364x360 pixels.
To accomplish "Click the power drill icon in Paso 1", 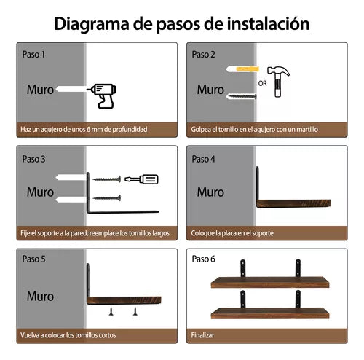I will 102,94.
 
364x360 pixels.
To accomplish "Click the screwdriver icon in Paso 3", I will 141,179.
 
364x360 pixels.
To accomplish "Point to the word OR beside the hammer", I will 263,82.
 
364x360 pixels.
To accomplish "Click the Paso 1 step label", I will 33,54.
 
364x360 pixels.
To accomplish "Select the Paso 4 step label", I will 203,158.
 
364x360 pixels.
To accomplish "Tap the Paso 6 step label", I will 203,258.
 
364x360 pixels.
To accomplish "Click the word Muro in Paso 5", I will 41,297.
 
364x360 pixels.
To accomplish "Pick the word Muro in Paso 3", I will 41,192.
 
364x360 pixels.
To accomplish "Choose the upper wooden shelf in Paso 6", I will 267,282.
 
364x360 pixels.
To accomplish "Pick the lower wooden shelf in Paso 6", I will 267,313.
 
